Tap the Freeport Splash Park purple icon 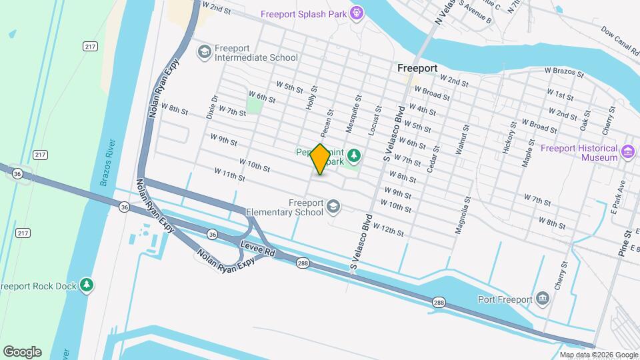point(357,13)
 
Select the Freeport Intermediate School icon point(204,51)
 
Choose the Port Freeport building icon point(543,298)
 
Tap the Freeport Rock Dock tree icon point(86,285)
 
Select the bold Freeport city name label point(417,68)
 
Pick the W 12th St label point(389,230)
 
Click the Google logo point(22,352)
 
